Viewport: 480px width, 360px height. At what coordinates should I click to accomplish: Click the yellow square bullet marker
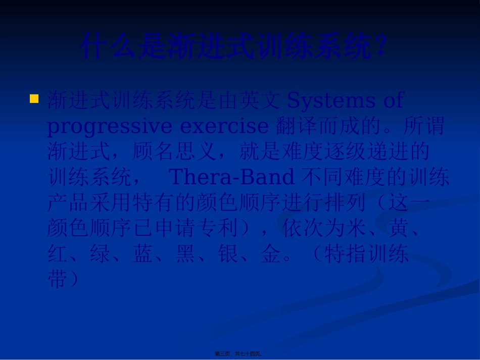(34, 98)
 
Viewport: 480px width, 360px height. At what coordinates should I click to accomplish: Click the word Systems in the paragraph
(331, 100)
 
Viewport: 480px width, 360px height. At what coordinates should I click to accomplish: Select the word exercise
(224, 126)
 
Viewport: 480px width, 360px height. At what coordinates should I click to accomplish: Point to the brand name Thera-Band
(231, 177)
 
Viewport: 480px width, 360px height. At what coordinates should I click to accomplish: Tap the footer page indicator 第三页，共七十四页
(239, 354)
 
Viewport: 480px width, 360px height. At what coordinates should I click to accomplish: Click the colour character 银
(230, 254)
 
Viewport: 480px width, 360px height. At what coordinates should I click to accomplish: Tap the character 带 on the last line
(57, 279)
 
